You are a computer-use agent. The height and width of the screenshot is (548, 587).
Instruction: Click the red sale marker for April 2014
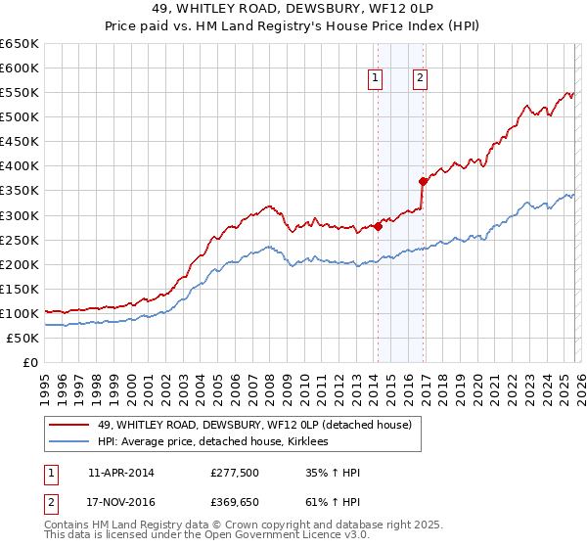click(x=378, y=226)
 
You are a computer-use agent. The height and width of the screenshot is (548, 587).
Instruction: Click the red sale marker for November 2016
click(x=423, y=181)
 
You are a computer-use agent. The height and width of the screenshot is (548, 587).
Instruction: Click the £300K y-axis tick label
click(x=20, y=215)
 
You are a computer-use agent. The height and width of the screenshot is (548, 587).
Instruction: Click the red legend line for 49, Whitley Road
click(x=69, y=425)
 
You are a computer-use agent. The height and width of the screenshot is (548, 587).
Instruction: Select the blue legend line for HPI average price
click(x=69, y=441)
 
